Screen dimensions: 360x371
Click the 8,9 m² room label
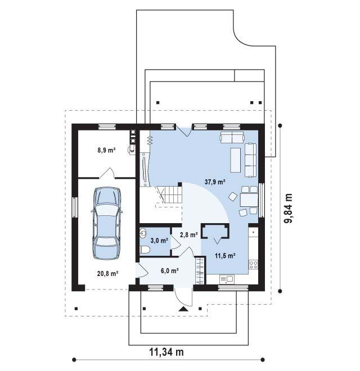(x=106, y=150)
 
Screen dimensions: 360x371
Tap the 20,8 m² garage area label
(x=108, y=274)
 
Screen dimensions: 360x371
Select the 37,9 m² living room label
(x=215, y=182)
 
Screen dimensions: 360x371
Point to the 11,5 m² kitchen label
(x=225, y=256)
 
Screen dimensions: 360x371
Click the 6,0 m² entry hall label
(x=169, y=271)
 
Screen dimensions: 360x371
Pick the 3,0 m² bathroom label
(x=159, y=241)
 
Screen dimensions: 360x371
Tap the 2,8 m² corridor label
(x=189, y=235)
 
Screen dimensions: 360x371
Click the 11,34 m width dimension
(x=166, y=352)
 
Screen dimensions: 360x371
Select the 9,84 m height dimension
(x=289, y=208)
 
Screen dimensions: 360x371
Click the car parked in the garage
(x=107, y=223)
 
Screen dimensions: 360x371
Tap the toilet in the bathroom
(x=145, y=250)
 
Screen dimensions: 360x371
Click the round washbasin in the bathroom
(x=142, y=233)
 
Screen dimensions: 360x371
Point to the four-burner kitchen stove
(x=253, y=265)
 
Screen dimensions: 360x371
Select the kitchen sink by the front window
(x=227, y=279)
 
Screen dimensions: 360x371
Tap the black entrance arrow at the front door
(x=183, y=309)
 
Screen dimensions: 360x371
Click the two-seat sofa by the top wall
(x=232, y=137)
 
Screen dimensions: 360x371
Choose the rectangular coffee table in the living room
(x=236, y=160)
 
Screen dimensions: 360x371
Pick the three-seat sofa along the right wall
(x=250, y=160)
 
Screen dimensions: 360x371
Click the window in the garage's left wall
(x=75, y=207)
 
